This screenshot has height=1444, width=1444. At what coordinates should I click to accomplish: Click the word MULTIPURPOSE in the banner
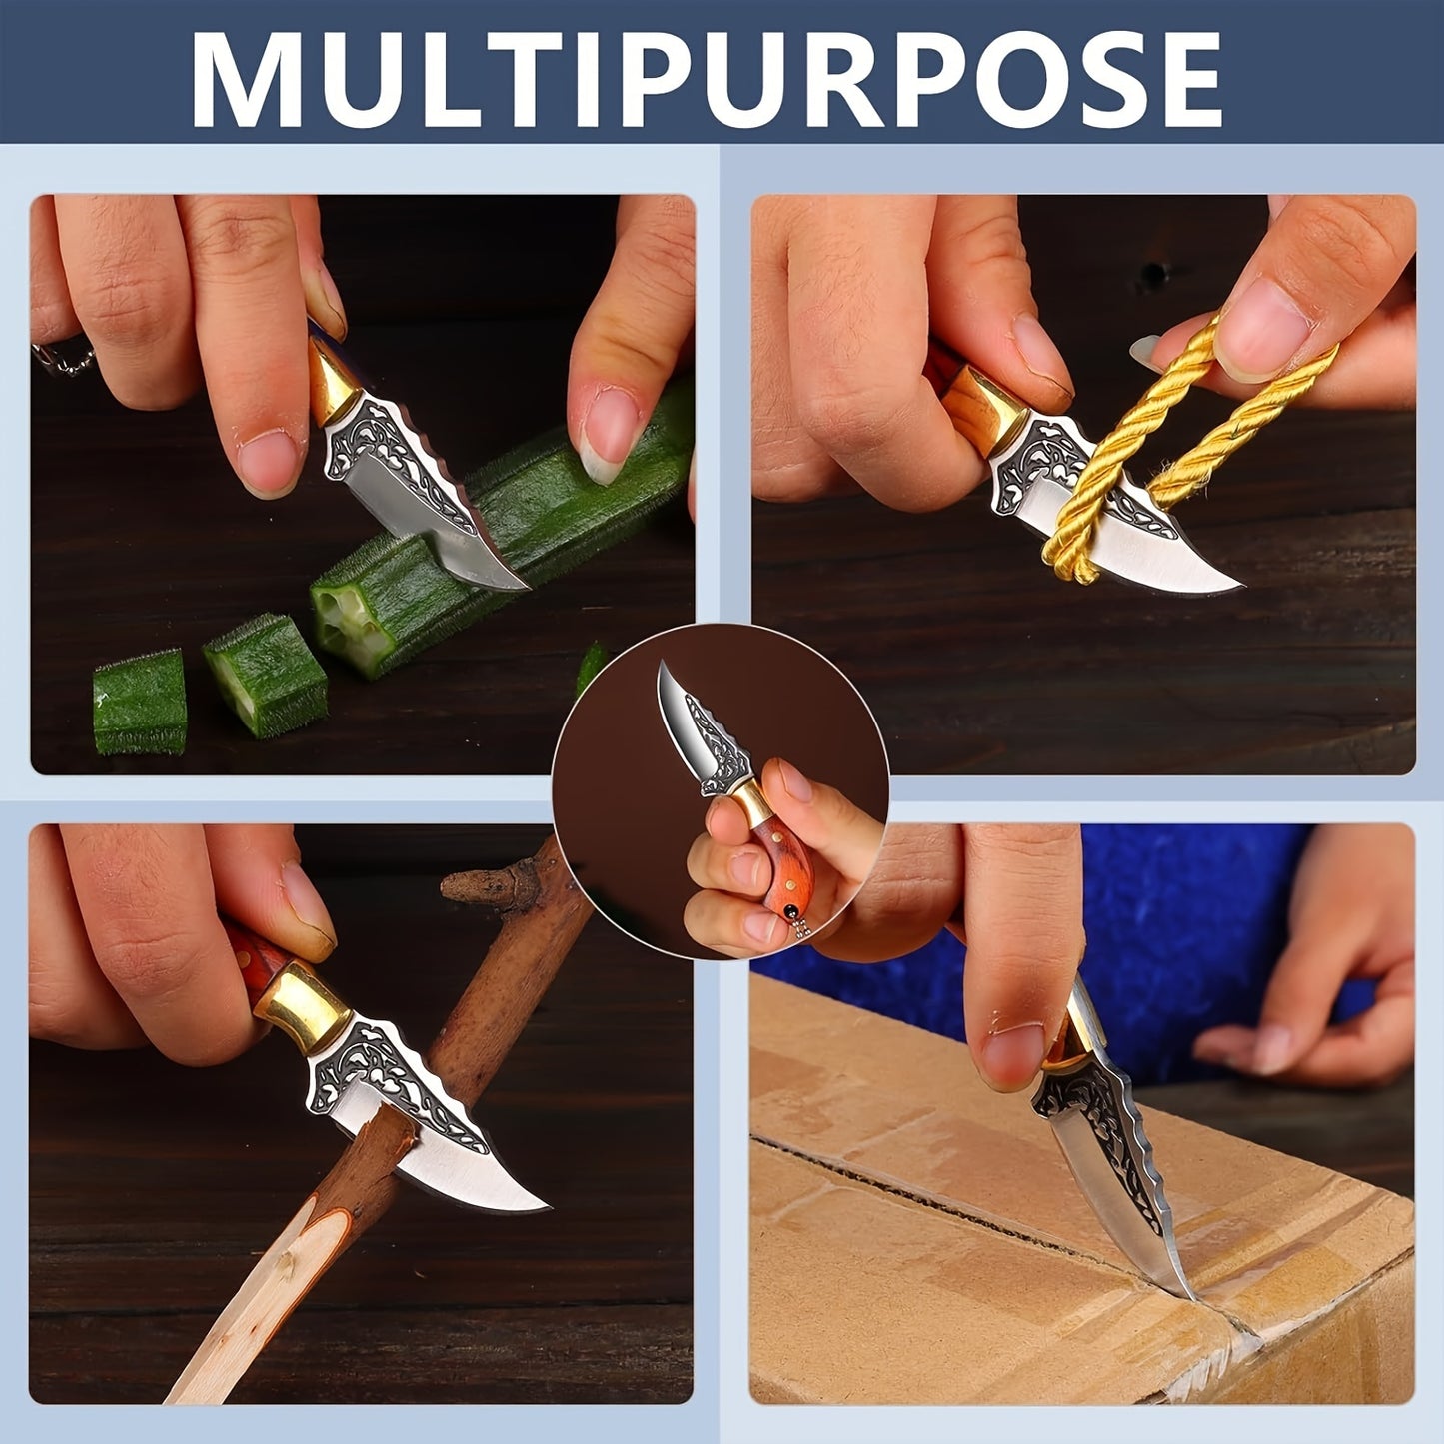pyautogui.click(x=707, y=80)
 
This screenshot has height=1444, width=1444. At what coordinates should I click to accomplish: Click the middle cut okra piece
pyautogui.click(x=265, y=675)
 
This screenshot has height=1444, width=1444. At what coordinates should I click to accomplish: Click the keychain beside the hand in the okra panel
pyautogui.click(x=63, y=357)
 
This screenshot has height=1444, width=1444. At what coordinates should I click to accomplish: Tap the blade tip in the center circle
pyautogui.click(x=662, y=666)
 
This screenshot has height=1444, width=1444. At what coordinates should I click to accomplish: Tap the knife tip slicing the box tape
pyautogui.click(x=1191, y=1296)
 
